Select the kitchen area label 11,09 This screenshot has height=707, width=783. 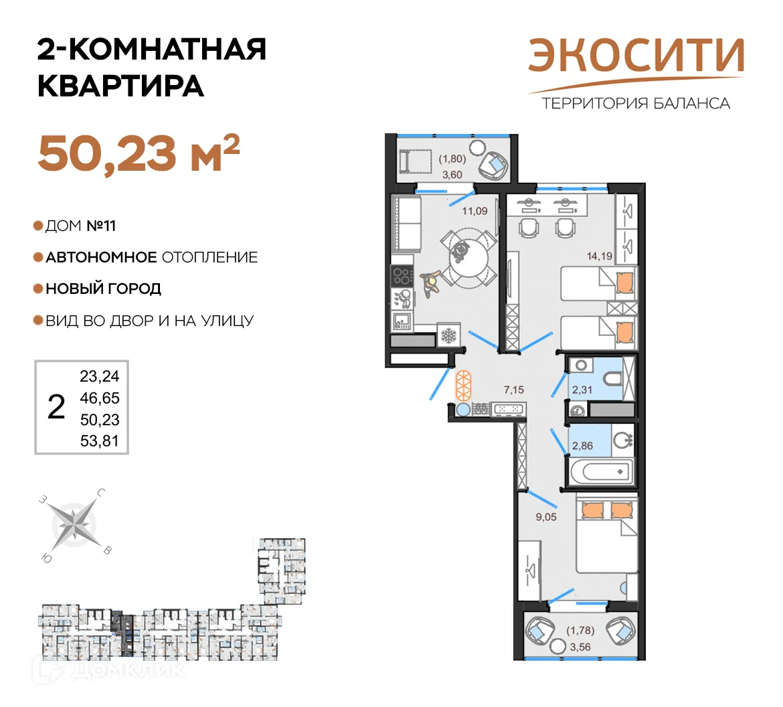coord(474,211)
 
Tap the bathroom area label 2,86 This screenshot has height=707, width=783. coord(582,445)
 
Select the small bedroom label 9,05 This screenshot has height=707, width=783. coord(546,517)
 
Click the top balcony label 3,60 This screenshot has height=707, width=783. coord(452,175)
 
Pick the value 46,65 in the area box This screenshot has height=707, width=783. coord(100,398)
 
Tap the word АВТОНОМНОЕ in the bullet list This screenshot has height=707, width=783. coord(101,257)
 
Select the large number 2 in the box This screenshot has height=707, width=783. coord(57,407)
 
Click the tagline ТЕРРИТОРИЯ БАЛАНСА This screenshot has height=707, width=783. coord(635,104)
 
